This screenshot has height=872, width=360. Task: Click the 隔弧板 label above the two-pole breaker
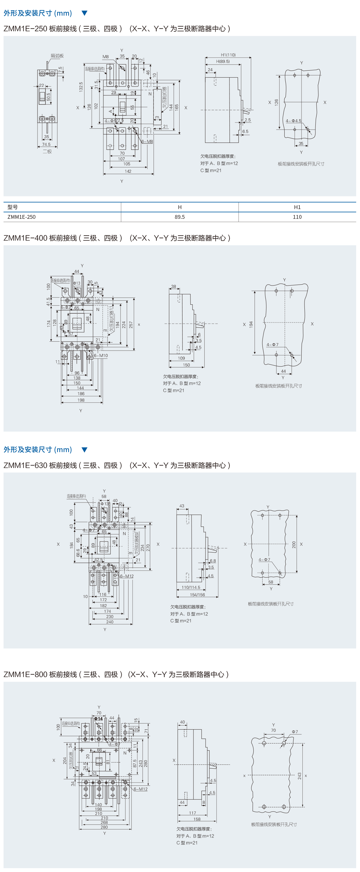click(x=57, y=56)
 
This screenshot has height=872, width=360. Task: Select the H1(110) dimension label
click(x=228, y=55)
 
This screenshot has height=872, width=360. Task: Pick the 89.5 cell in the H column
click(x=180, y=217)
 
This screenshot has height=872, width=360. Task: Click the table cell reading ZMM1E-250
click(x=21, y=217)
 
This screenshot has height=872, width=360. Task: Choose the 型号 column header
click(x=12, y=207)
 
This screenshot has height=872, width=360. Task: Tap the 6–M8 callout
click(x=147, y=141)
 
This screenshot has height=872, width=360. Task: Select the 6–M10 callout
click(x=101, y=356)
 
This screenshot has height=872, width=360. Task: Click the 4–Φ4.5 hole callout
click(x=293, y=121)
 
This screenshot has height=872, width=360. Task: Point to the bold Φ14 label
click(x=98, y=719)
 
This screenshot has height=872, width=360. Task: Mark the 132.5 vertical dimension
click(x=81, y=87)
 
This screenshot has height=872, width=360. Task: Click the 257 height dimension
click(x=131, y=325)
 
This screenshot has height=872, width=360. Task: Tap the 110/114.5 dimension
click(x=191, y=587)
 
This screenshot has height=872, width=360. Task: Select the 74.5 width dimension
click(x=46, y=144)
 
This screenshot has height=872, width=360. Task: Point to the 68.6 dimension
click(x=78, y=552)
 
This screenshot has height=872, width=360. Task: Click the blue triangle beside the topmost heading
click(x=85, y=13)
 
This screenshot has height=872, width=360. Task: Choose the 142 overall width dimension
click(x=128, y=171)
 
